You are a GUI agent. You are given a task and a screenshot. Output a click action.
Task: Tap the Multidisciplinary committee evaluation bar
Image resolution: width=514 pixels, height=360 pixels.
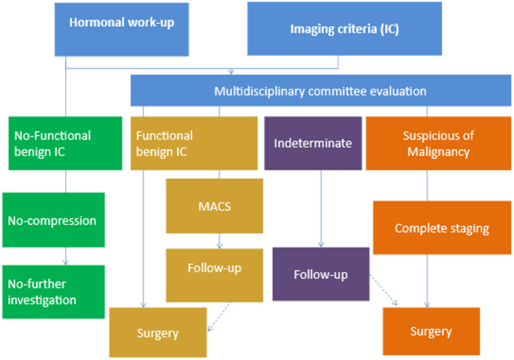click(x=320, y=91)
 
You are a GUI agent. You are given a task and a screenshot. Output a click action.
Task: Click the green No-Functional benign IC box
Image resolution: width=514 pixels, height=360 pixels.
click(x=61, y=142)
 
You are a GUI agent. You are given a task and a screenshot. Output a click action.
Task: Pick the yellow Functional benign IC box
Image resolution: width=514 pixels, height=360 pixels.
click(x=179, y=142)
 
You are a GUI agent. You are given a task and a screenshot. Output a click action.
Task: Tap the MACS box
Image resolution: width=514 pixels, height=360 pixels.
click(x=215, y=205)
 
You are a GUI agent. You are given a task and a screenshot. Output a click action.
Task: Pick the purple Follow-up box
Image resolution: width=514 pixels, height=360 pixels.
click(x=321, y=274)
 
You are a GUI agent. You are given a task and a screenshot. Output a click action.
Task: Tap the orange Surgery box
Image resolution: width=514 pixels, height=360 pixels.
click(x=431, y=331)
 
